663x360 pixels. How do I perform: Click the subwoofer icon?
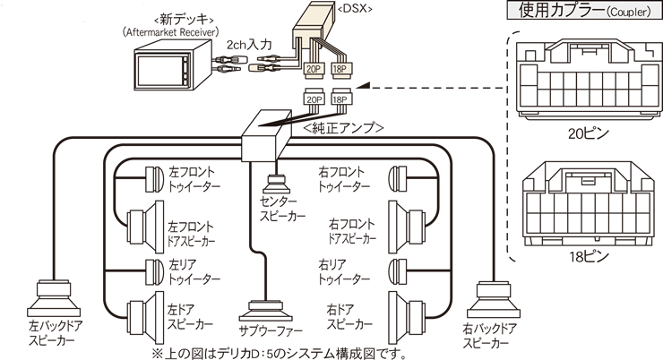pyautogui.click(x=266, y=309)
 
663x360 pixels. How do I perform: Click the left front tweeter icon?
pyautogui.click(x=151, y=179)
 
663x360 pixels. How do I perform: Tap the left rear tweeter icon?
pyautogui.click(x=151, y=270)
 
